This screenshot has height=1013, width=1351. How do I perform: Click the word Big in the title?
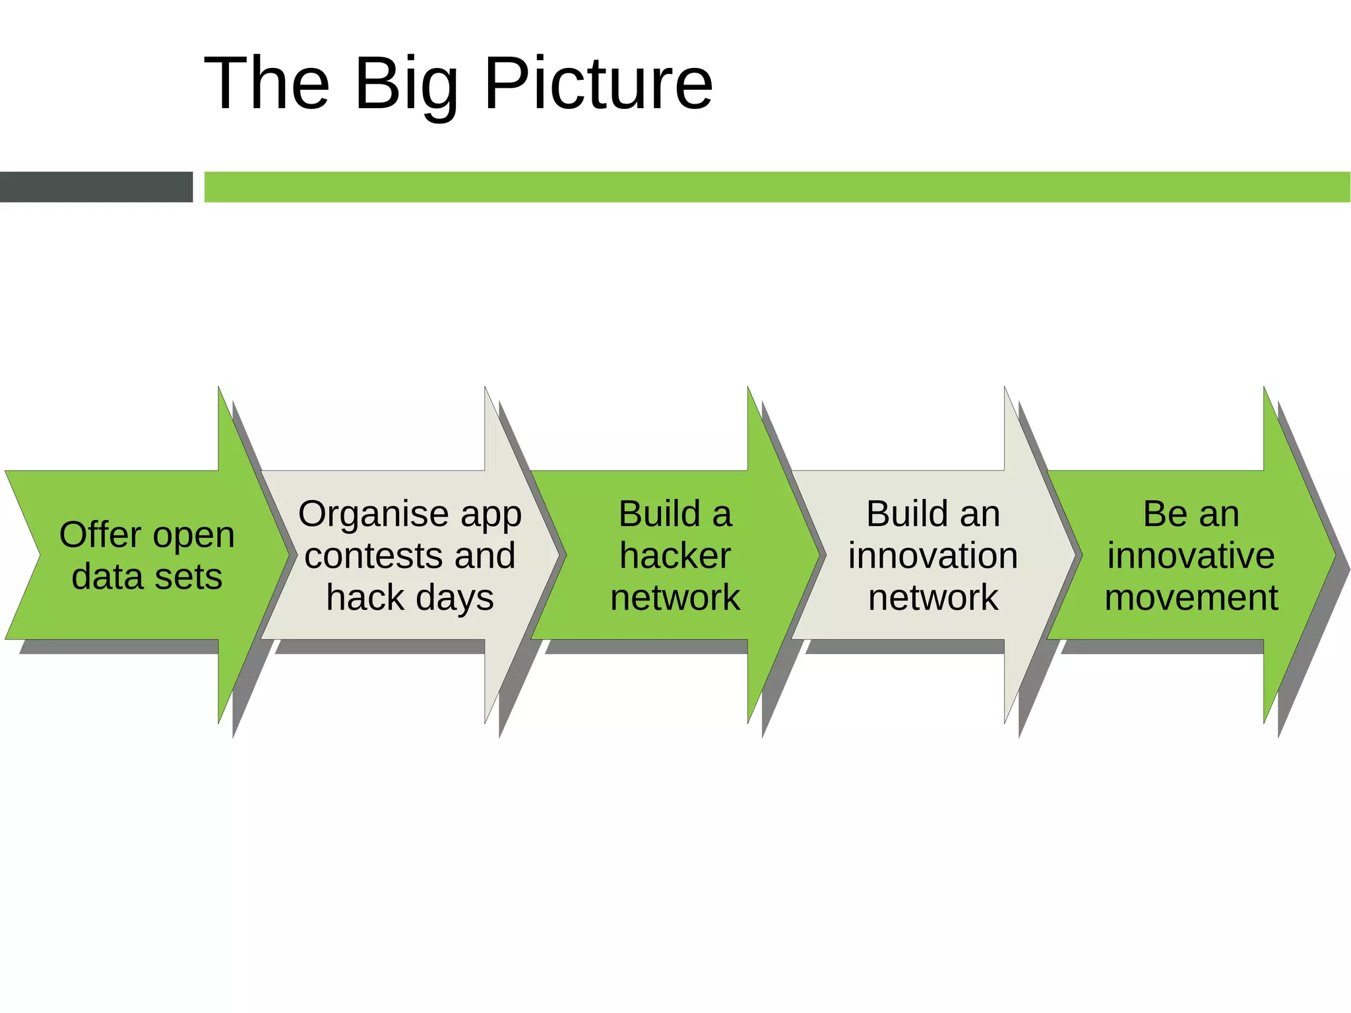406,84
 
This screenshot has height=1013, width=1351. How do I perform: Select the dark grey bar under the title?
96,187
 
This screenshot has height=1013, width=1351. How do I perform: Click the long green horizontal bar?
777,187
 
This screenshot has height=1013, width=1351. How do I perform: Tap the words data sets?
146,576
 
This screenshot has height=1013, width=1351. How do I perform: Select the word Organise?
374,513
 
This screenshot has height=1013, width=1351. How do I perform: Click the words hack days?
410,597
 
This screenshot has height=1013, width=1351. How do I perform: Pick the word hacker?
675,555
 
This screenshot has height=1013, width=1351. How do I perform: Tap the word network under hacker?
675,597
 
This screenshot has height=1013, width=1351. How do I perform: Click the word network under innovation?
933,597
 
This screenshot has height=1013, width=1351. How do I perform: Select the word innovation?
933,555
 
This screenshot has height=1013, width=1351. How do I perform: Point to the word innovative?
1191,555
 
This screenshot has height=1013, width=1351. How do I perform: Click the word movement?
1191,597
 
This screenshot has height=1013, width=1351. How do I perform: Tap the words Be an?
1191,513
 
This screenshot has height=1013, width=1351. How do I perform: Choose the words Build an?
933,513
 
